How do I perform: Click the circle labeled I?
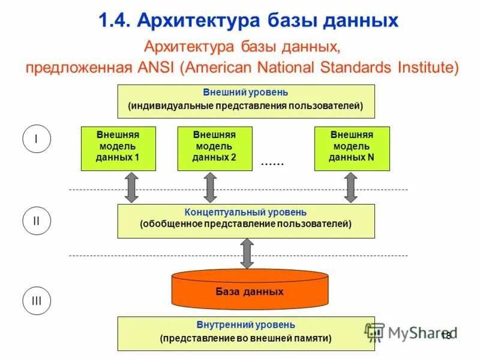click(36, 140)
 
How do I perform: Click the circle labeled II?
click(36, 220)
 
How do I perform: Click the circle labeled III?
click(36, 301)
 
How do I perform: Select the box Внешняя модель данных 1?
click(118, 148)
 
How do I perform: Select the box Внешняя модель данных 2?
click(214, 148)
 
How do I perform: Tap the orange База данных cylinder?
click(250, 290)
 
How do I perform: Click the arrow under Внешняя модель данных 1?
click(131, 187)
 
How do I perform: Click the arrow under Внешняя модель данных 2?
click(210, 187)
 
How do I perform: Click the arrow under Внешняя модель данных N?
click(351, 187)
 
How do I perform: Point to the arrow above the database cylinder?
click(246, 253)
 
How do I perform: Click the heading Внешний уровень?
click(245, 93)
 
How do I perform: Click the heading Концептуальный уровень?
click(245, 212)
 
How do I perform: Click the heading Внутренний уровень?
click(245, 325)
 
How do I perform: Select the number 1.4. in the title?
click(115, 21)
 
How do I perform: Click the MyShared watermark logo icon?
click(375, 332)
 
